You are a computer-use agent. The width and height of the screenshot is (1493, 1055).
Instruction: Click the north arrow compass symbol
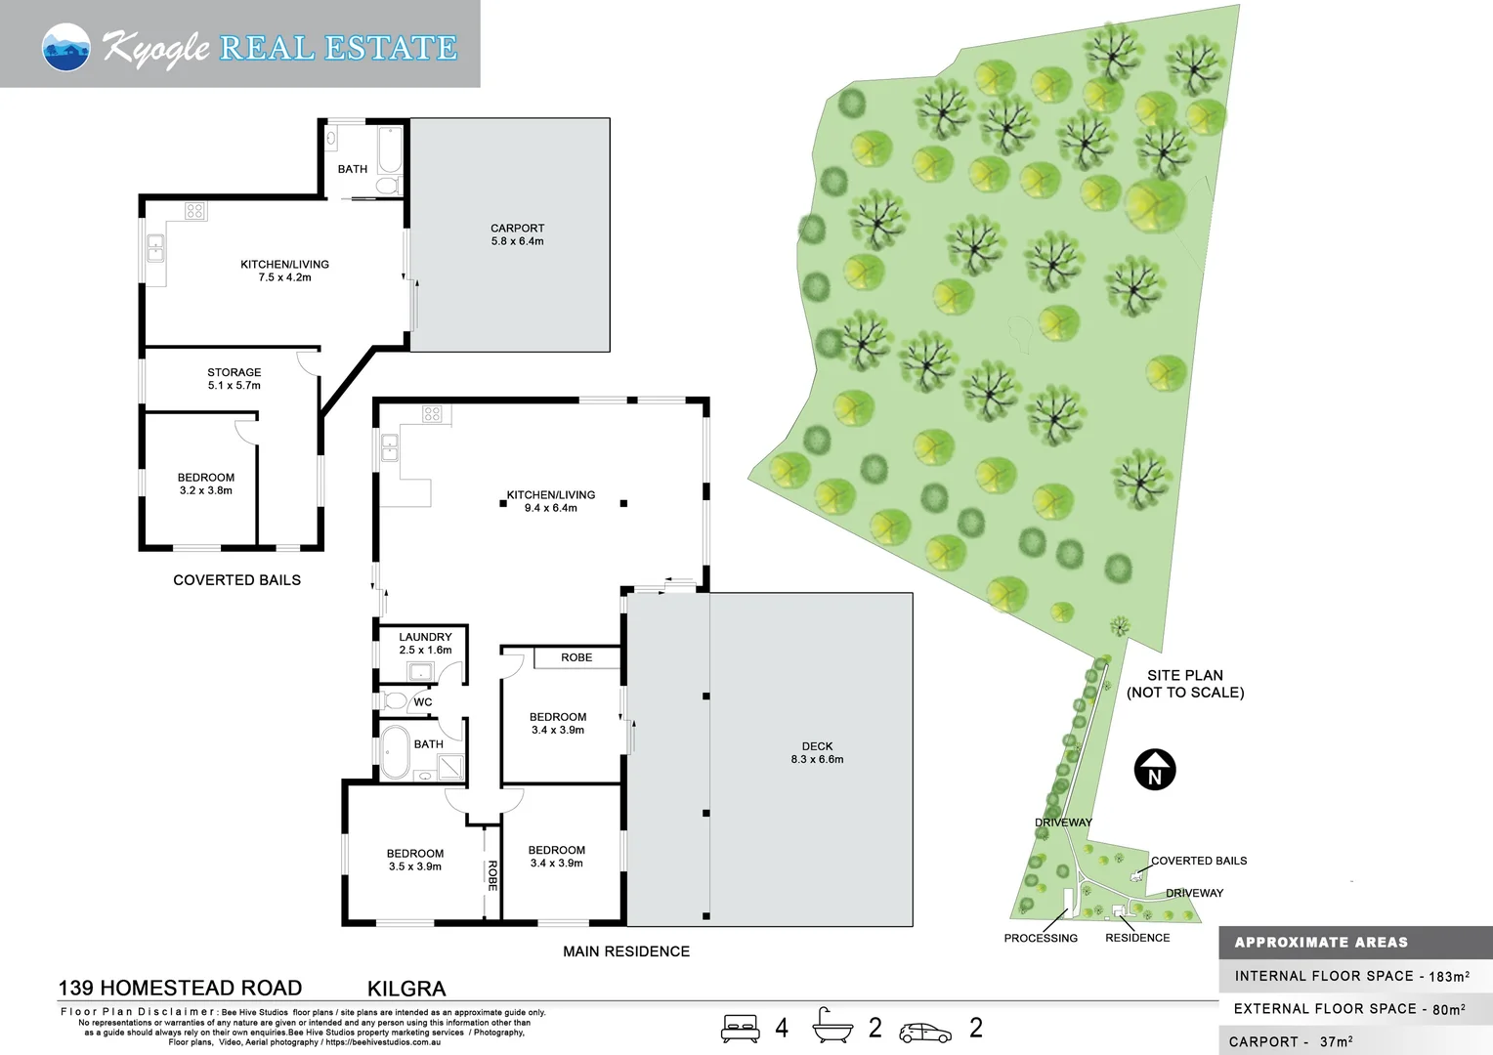1154,770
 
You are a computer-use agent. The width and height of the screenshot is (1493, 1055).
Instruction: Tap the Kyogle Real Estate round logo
66,47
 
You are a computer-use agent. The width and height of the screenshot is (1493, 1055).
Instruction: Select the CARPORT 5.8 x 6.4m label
517,234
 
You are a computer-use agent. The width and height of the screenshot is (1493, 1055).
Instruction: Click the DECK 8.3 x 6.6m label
817,752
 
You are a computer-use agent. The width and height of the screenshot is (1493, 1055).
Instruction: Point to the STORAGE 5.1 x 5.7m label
234,379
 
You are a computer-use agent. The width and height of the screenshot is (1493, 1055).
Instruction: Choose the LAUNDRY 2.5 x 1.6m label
425,643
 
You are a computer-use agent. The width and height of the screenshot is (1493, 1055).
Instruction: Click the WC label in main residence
422,701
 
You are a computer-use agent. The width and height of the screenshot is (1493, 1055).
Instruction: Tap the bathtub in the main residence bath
395,752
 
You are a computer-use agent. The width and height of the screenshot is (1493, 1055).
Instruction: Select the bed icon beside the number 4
740,1029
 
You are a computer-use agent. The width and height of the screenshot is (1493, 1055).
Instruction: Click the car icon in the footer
925,1033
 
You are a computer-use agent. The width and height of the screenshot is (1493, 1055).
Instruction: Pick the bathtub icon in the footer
832,1025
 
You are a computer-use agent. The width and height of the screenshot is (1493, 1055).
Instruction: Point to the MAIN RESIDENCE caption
626,951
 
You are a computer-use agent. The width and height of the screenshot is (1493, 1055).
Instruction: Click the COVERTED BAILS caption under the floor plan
236,580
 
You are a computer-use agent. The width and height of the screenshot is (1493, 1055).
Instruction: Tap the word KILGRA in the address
406,989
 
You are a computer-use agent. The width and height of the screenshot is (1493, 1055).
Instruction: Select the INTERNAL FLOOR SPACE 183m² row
1352,976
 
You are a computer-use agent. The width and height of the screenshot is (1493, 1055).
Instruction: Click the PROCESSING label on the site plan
1041,939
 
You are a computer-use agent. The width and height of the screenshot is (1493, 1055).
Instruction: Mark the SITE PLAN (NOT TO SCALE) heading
1185,684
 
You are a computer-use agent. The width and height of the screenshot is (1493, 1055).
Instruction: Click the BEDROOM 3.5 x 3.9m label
414,860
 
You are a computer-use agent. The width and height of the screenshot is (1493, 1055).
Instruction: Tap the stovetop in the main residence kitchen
432,414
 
